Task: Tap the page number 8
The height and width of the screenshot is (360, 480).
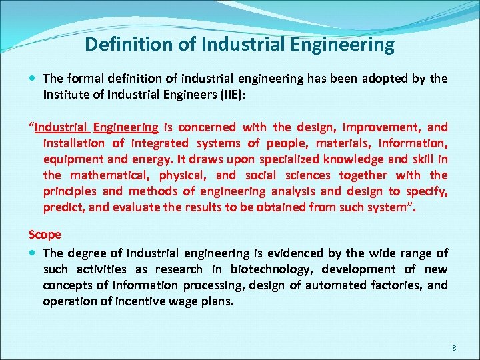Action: point(454,349)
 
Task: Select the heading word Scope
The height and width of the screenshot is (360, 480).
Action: point(45,235)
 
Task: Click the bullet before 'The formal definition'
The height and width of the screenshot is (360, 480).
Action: point(33,79)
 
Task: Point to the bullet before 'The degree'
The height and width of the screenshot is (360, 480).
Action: point(33,253)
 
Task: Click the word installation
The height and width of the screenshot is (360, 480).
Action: point(73,143)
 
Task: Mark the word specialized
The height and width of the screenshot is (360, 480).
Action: point(275,159)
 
